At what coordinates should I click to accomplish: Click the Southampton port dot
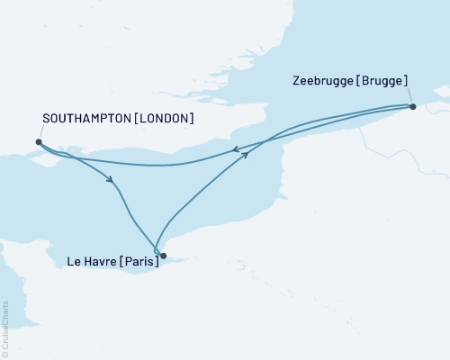coord(39,141)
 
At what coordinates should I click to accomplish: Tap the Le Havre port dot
coord(163,256)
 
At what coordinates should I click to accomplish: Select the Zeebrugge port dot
coord(412,107)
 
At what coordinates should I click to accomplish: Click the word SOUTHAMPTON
coord(89,119)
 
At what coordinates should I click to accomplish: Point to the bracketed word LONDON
coord(166,119)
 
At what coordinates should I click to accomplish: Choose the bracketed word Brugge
coord(384,80)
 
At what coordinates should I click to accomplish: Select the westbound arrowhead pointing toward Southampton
coord(234,150)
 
